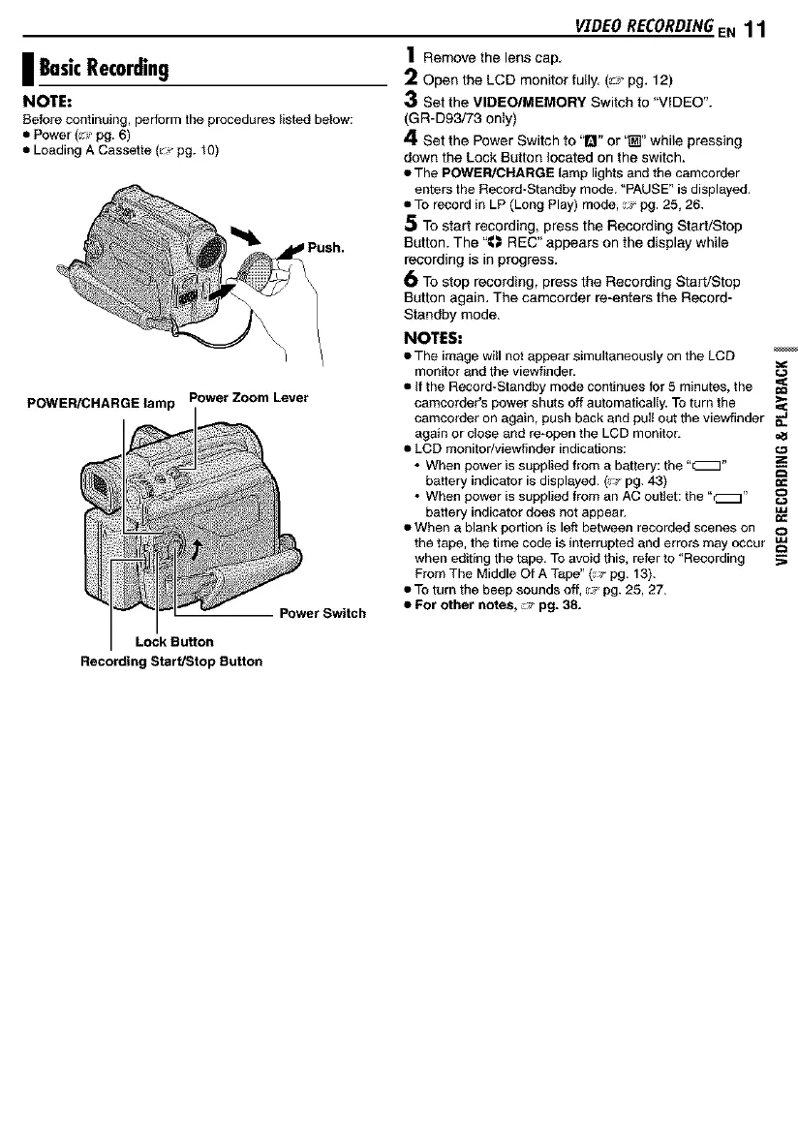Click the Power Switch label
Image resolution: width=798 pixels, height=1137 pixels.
click(x=322, y=612)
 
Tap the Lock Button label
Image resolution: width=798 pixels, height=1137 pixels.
click(x=174, y=641)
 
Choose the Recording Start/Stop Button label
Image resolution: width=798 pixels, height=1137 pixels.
click(x=171, y=662)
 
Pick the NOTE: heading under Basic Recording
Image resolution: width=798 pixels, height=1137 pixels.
click(x=39, y=101)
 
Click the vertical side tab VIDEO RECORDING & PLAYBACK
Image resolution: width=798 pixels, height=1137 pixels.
click(x=783, y=455)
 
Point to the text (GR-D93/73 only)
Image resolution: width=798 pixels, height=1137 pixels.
click(x=458, y=119)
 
